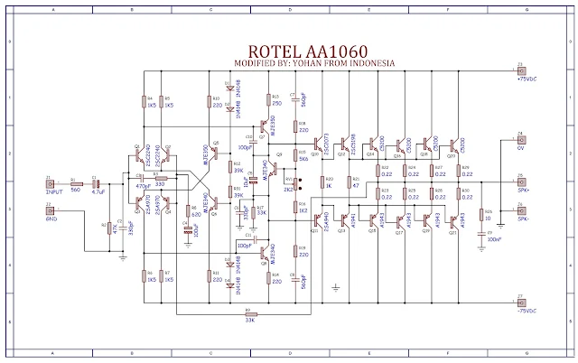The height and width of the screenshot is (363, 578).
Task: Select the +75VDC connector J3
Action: click(520, 73)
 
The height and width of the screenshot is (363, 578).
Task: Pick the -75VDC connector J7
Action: click(520, 303)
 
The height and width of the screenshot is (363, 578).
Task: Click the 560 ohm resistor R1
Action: click(76, 184)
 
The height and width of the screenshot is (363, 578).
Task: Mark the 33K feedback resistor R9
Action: click(248, 312)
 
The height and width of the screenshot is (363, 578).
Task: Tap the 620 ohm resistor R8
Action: click(189, 215)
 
